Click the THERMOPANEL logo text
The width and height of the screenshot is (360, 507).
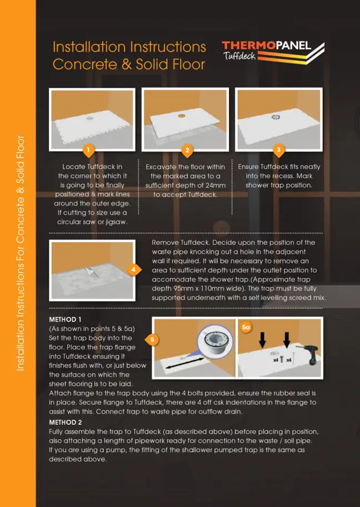pyautogui.click(x=267, y=46)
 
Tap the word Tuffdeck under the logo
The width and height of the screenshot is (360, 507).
pyautogui.click(x=239, y=56)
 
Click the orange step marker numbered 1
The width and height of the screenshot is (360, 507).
pyautogui.click(x=88, y=150)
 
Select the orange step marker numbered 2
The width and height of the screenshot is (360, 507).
pyautogui.click(x=187, y=150)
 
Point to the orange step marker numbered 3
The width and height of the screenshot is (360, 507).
pyautogui.click(x=279, y=150)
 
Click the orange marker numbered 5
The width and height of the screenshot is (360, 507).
pyautogui.click(x=151, y=339)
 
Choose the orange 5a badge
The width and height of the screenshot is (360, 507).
pyautogui.click(x=246, y=327)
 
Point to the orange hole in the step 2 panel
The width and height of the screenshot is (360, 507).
pyautogui.click(x=182, y=116)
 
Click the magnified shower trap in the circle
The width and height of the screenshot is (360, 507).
pyautogui.click(x=216, y=342)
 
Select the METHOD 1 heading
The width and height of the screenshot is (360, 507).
pyautogui.click(x=66, y=319)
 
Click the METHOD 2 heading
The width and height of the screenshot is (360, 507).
pyautogui.click(x=66, y=422)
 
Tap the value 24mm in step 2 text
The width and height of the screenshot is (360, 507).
pyautogui.click(x=213, y=185)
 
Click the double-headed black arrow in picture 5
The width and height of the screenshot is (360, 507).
pyautogui.click(x=184, y=363)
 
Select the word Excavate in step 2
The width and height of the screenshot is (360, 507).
pyautogui.click(x=161, y=167)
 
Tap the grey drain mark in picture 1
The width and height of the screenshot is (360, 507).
pyautogui.click(x=89, y=118)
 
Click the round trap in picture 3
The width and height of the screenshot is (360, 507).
pyautogui.click(x=276, y=117)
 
